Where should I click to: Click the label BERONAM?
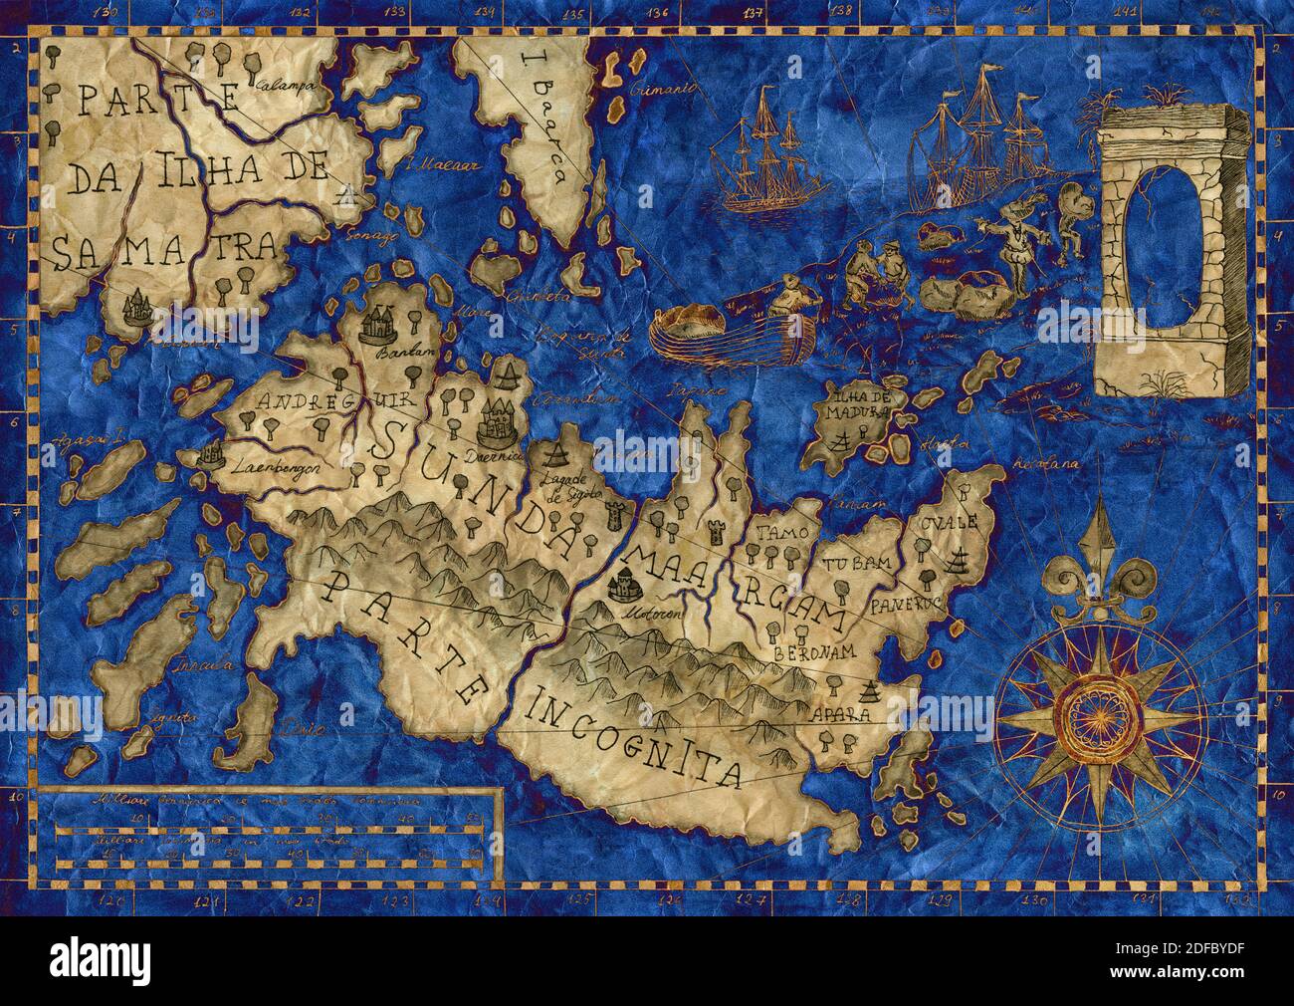(811, 651)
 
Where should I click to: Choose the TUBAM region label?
(855, 565)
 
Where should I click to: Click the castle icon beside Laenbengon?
(209, 454)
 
